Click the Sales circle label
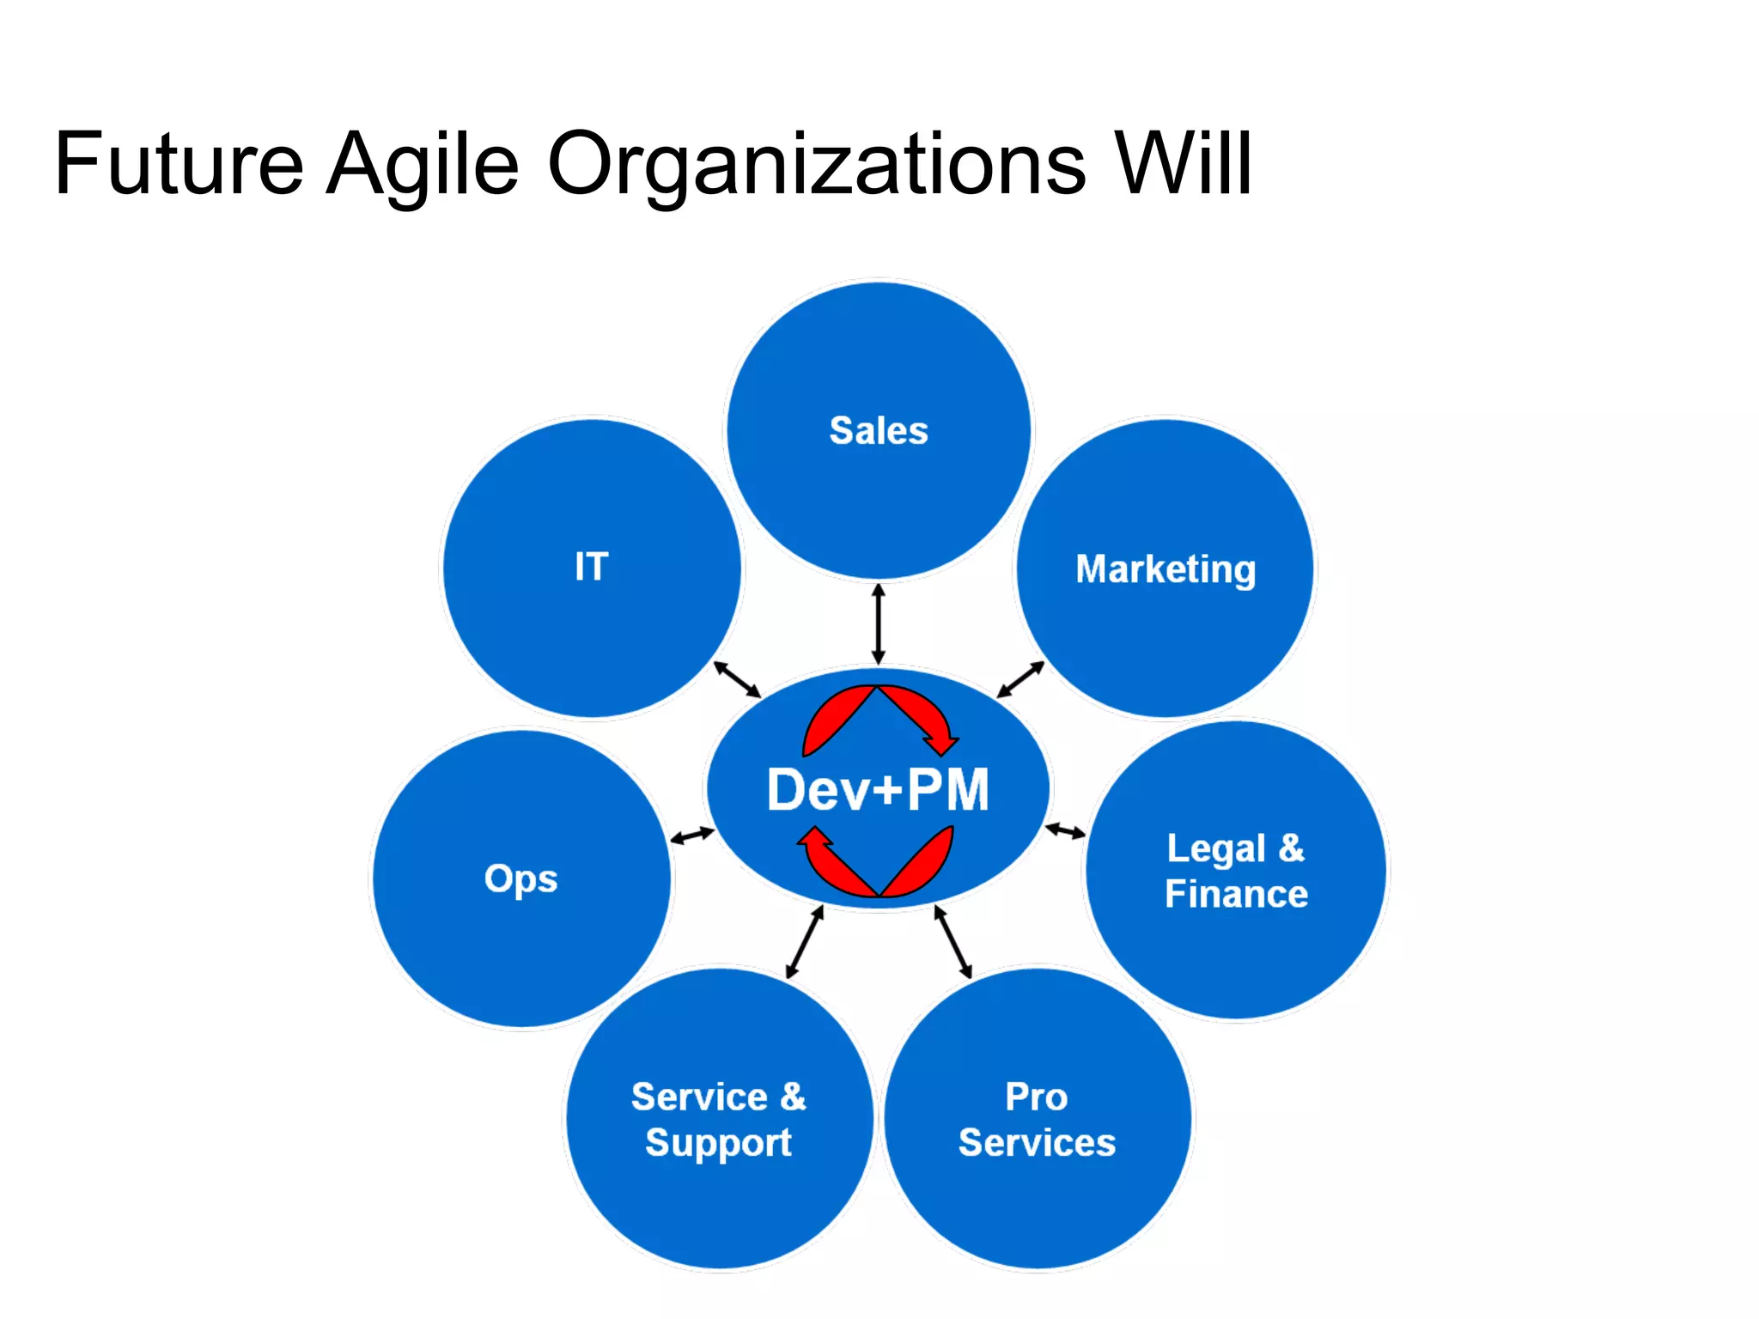point(879,430)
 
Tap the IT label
point(592,567)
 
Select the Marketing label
point(1166,569)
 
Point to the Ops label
point(521,879)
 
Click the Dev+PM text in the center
point(878,790)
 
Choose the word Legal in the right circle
point(1216,849)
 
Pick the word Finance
point(1236,895)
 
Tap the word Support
point(718,1144)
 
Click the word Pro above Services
point(1037,1097)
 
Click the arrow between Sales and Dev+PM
point(878,624)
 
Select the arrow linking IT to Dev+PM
point(738,679)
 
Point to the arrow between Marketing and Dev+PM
point(1020,679)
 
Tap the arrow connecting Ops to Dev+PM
point(692,835)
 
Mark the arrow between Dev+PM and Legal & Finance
point(1065,830)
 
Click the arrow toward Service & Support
point(805,942)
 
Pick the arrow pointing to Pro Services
point(953,942)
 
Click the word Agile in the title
point(423,165)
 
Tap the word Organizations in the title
point(816,165)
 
